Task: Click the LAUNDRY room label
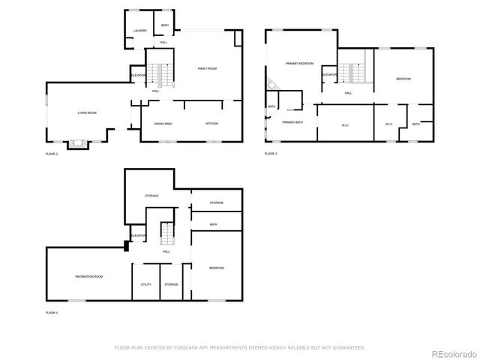(140, 31)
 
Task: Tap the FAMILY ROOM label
(207, 69)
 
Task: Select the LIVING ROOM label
(87, 113)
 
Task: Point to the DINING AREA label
(163, 123)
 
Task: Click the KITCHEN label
(211, 123)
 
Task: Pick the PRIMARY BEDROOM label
(299, 64)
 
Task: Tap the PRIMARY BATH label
(292, 122)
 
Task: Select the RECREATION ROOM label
(88, 277)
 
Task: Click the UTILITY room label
(145, 284)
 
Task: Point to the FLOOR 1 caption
(51, 312)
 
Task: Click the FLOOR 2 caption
(51, 154)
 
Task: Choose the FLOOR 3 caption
(271, 154)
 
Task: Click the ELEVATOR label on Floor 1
(138, 236)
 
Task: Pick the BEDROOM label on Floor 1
(216, 268)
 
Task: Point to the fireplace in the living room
(76, 143)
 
